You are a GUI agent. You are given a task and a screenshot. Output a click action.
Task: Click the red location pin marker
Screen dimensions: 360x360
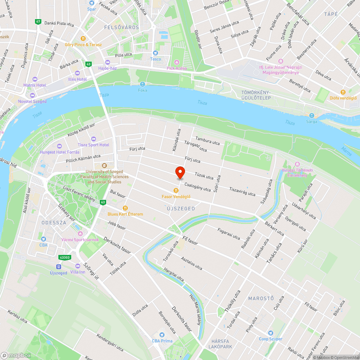point(180,172)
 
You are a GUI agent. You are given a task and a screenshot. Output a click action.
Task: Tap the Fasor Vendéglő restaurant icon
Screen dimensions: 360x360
point(176,190)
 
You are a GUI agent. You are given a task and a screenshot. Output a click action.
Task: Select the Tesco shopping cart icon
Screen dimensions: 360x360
point(156,53)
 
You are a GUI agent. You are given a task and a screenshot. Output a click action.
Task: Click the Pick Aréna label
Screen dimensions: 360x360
point(176,68)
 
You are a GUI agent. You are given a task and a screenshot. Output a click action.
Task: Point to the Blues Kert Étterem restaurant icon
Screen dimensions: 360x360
point(125,208)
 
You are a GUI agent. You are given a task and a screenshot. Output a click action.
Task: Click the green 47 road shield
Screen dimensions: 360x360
point(38,22)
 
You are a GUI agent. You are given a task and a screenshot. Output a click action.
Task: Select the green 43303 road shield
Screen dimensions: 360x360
point(65,257)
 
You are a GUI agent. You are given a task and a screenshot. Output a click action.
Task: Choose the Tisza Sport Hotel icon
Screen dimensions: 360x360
point(94,139)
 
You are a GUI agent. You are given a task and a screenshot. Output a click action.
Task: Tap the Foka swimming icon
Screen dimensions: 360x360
point(143,84)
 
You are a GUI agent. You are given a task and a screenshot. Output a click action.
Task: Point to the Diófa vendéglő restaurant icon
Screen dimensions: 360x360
point(343,92)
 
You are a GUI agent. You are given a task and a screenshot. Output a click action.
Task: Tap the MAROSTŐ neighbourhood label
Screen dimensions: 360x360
point(261,298)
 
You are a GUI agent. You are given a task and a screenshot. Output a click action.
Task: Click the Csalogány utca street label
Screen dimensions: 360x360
point(197,187)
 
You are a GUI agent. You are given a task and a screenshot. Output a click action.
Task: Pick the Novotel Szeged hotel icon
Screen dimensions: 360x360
point(32,95)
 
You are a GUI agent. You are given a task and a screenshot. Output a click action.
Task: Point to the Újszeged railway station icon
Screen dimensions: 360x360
point(58,267)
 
